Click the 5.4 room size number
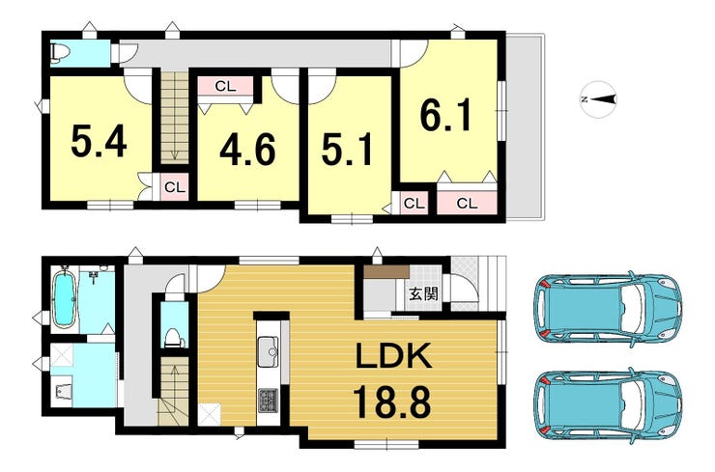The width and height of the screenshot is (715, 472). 99,141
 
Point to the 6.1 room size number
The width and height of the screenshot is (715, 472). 445,114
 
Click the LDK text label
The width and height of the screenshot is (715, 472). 393,356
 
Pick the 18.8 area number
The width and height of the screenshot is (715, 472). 392,402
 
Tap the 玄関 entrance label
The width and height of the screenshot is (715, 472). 423,294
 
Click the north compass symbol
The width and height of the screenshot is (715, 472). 599,99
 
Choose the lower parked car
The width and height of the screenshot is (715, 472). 608,405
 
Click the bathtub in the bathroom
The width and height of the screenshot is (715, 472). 65,298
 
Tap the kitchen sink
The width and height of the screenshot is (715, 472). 269,351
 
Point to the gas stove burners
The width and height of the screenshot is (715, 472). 269,401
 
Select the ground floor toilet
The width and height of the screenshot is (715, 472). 174,338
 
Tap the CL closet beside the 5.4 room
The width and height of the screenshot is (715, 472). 175,187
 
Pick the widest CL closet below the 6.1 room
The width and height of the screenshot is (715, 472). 467,203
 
